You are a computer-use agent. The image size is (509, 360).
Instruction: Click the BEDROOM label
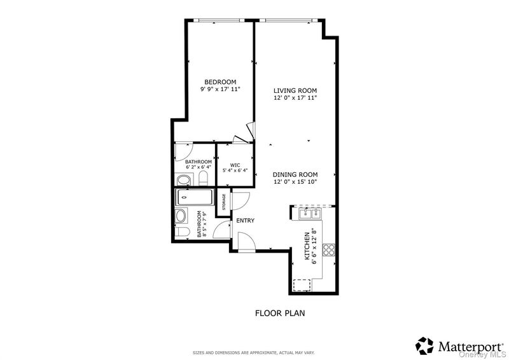pyautogui.click(x=220, y=82)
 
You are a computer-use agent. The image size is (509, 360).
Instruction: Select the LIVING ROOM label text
pyautogui.click(x=295, y=91)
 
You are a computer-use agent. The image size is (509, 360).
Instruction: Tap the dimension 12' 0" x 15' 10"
pyautogui.click(x=295, y=182)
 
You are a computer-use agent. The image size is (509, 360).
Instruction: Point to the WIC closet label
pyautogui.click(x=235, y=165)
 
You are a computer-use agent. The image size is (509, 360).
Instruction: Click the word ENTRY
pyautogui.click(x=246, y=221)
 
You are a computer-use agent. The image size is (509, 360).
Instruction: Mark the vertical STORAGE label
pyautogui.click(x=224, y=202)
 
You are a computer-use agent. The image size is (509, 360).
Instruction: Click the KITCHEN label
pyautogui.click(x=307, y=246)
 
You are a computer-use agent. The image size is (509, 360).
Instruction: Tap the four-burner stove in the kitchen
pyautogui.click(x=328, y=249)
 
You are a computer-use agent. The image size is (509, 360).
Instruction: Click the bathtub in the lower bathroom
pyautogui.click(x=195, y=197)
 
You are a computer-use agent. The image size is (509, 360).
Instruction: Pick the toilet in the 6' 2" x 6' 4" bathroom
pyautogui.click(x=203, y=179)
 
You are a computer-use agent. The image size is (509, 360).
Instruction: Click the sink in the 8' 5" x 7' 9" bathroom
pyautogui.click(x=181, y=216)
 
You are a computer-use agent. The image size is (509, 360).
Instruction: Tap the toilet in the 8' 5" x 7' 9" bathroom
pyautogui.click(x=183, y=232)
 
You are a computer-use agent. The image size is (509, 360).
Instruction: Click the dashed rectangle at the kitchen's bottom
pyautogui.click(x=302, y=285)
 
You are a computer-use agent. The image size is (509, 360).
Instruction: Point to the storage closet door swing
pyautogui.click(x=241, y=201)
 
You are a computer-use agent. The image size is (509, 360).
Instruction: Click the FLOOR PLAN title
pyautogui.click(x=280, y=314)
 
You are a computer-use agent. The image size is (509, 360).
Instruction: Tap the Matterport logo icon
pyautogui.click(x=424, y=346)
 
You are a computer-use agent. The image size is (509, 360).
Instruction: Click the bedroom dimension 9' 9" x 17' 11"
pyautogui.click(x=220, y=89)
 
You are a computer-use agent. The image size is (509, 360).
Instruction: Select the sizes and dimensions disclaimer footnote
pyautogui.click(x=253, y=352)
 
